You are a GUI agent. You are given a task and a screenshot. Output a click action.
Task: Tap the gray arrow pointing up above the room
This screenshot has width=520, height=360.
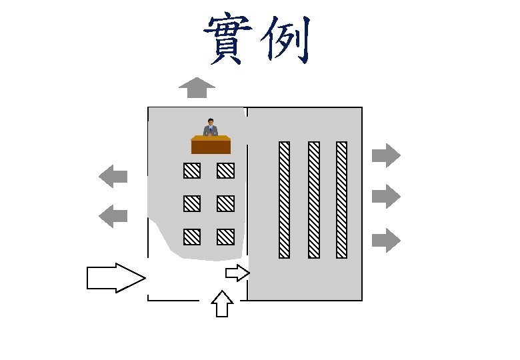coord(197,87)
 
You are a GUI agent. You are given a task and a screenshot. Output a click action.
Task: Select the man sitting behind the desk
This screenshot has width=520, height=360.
coord(211,127)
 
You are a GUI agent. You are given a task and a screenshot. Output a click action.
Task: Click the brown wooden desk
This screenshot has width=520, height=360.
coord(211,145)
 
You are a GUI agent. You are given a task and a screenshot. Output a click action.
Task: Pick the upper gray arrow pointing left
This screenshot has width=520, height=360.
coord(113,177)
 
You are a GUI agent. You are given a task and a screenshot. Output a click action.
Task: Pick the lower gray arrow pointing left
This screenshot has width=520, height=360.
coord(113,215)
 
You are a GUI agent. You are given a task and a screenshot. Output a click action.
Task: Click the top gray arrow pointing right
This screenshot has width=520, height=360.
coord(385,156)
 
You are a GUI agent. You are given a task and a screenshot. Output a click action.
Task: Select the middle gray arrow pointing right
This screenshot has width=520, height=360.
coord(385,196)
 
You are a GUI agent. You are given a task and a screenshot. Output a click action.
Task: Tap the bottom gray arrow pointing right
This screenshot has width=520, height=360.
coord(385,240)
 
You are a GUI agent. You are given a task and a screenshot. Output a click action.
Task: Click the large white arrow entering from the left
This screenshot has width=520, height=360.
coord(115,277)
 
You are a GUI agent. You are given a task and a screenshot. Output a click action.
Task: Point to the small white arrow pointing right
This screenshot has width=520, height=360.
coord(237,273)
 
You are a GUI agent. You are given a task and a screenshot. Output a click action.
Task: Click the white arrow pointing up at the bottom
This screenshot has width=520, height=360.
coord(222,304)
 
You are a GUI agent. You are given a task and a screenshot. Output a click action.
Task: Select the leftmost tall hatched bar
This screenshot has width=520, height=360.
coord(284,199)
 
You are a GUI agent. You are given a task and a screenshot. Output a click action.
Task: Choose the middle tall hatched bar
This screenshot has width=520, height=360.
coord(313,199)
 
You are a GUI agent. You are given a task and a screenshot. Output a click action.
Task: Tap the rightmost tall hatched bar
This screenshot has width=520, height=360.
coord(341,199)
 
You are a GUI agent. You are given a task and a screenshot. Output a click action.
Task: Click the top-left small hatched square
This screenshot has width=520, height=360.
coord(192,171)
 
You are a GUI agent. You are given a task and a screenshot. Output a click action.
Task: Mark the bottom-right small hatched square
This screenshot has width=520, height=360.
coord(225,237)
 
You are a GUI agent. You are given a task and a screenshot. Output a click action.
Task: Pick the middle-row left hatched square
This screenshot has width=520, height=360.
coord(192,203)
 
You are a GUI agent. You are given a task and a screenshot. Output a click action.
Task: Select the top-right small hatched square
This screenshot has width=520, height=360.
coord(225,171)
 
